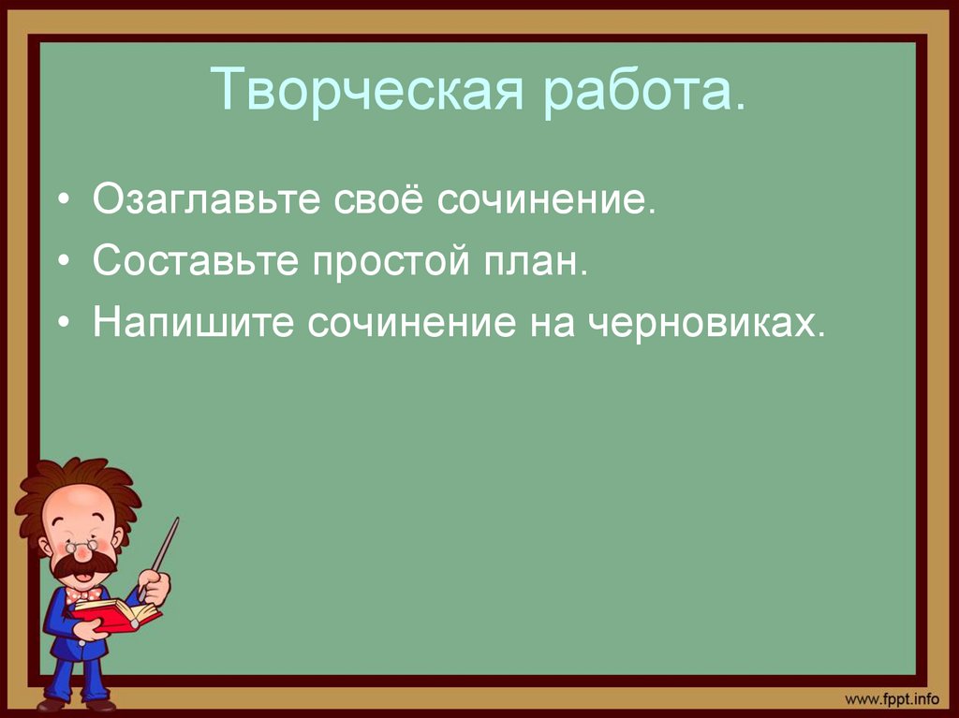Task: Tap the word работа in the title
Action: click(646, 90)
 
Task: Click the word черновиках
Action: click(708, 323)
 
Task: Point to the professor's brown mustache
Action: click(85, 564)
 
